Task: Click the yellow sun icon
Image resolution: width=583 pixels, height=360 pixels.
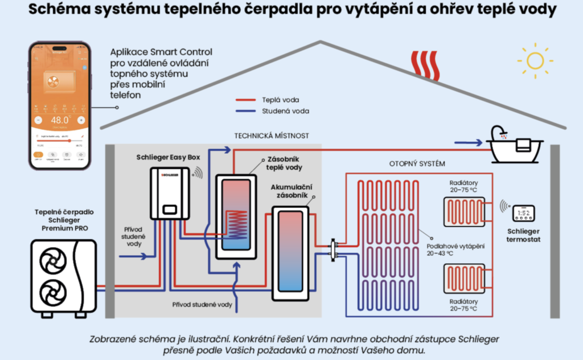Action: point(535,59)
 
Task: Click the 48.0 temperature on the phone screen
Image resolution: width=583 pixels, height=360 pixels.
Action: point(59,121)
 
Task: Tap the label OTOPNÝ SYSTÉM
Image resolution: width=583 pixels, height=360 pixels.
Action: point(417,163)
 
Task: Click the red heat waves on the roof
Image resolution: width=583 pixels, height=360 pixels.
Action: point(425,65)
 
